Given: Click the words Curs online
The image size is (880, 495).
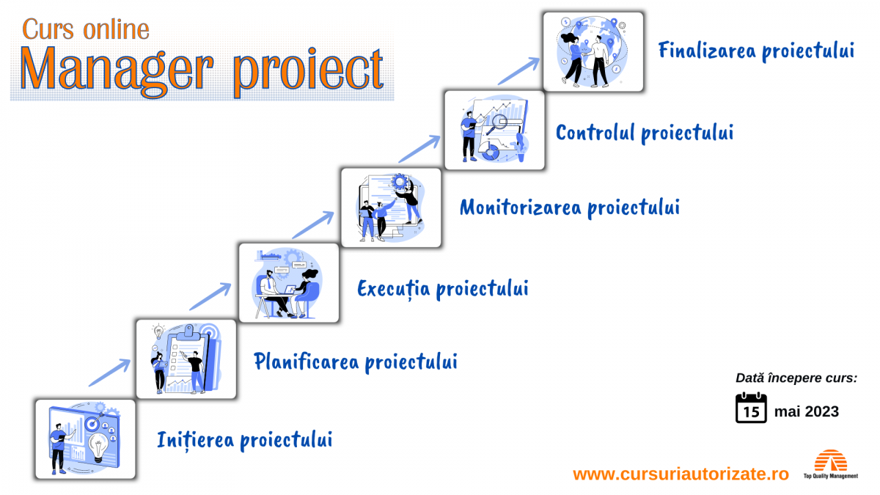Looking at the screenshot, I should tap(86, 29).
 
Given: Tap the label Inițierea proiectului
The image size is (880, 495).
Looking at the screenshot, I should tap(244, 440).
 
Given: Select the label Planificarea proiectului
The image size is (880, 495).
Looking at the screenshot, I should tap(356, 362).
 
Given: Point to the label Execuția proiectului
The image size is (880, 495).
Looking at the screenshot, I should tap(442, 288).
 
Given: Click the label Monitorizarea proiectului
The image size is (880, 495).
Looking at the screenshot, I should tap(569, 208).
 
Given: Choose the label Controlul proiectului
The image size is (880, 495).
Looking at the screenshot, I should tap(645, 133).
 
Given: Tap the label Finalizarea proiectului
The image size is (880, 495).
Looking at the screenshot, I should tap(756, 51).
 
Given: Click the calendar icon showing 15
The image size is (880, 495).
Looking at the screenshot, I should tap(751, 408).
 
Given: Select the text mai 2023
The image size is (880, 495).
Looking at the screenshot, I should tap(807, 411).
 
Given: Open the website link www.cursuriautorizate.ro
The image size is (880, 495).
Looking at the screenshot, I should tap(681, 474).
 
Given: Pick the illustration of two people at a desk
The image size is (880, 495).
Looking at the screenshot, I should tap(289, 283).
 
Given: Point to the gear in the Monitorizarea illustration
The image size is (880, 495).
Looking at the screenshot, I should tap(400, 181).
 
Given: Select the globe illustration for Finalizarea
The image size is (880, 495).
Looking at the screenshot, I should tap(593, 51).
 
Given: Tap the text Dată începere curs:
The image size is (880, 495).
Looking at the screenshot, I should tap(796, 378).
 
